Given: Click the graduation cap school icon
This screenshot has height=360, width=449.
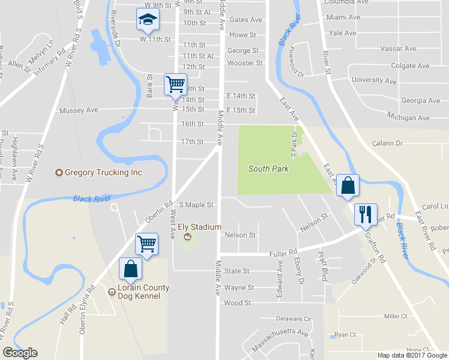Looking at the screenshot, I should (x=147, y=21).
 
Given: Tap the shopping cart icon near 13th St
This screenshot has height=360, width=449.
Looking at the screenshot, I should (x=175, y=84).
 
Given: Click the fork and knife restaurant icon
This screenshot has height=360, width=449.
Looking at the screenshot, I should (x=365, y=214).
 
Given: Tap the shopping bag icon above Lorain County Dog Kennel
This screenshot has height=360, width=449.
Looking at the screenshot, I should (x=131, y=269).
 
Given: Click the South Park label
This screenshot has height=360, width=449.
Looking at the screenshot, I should (x=268, y=169).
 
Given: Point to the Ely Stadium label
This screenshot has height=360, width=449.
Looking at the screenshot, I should (x=200, y=227).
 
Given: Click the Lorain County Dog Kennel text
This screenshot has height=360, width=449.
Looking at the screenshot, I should (x=139, y=292).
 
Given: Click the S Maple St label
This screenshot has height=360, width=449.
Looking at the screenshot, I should (x=196, y=205).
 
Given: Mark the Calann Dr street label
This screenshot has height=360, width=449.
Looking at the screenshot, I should (x=387, y=143).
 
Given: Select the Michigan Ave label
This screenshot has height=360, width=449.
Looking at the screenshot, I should (x=408, y=118).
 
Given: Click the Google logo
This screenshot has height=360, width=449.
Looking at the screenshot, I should (x=20, y=353).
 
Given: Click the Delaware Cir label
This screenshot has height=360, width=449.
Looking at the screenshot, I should (x=294, y=319).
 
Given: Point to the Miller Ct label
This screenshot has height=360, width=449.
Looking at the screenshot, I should (x=396, y=316).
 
